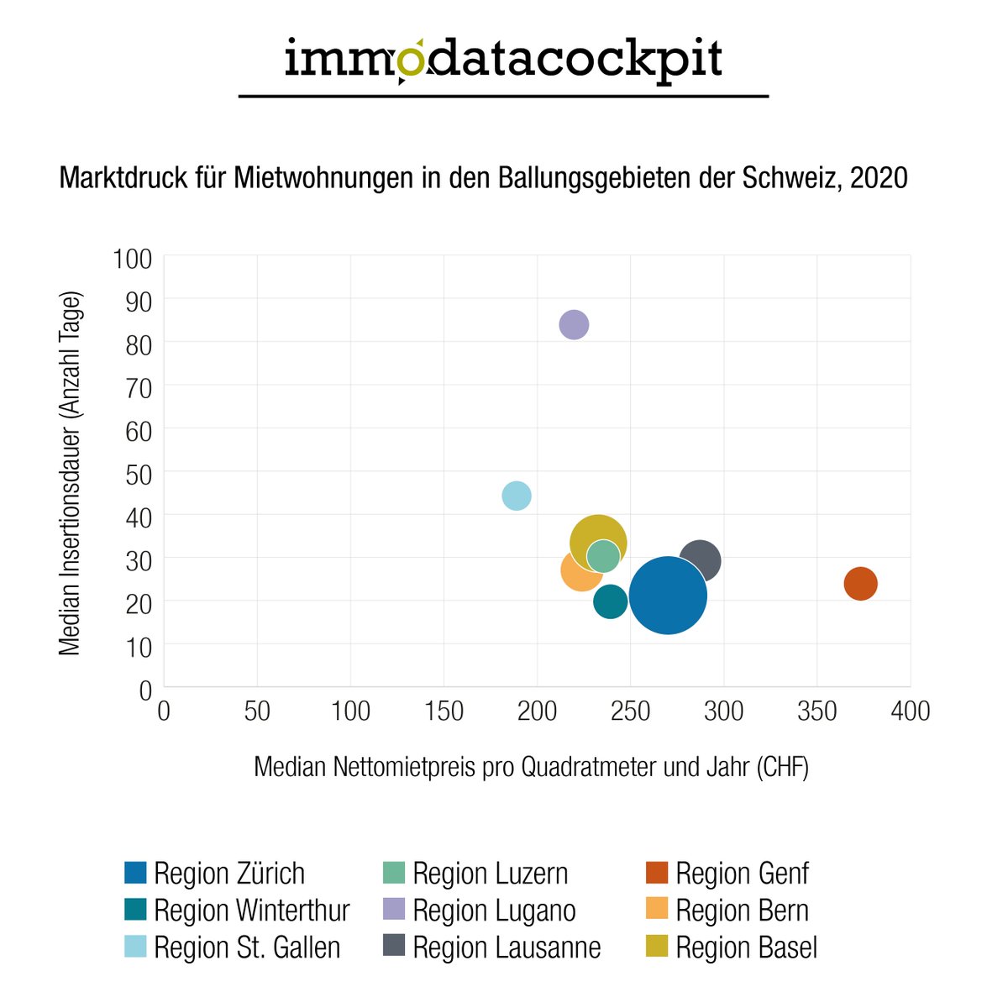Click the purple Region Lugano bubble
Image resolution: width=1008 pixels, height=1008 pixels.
[x=574, y=324]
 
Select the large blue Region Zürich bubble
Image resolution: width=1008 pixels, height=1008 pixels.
[x=668, y=596]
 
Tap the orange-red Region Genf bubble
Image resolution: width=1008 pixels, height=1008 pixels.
[x=860, y=583]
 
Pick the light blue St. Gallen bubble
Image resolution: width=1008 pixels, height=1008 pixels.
[x=517, y=496]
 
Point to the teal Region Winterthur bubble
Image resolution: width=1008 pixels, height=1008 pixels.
[x=611, y=601]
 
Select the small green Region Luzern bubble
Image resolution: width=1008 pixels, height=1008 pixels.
[x=603, y=555]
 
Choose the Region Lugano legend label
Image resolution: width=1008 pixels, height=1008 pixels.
[x=494, y=911]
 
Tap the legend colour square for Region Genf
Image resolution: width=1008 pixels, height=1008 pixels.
[x=657, y=874]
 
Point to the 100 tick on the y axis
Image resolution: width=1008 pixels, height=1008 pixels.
[x=132, y=258]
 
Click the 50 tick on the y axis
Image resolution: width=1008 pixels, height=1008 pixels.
[x=139, y=474]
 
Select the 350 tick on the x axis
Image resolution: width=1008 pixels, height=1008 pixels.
[x=817, y=711]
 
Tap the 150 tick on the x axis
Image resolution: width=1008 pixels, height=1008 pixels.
[x=444, y=711]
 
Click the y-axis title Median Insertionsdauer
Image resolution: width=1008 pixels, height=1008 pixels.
[x=71, y=473]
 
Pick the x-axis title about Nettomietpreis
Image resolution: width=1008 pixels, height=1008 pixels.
[x=531, y=767]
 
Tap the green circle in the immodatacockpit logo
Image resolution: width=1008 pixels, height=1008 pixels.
[x=412, y=60]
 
